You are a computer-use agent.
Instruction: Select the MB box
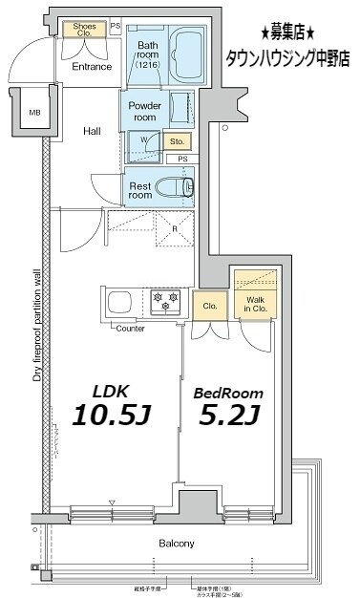[x=34, y=113]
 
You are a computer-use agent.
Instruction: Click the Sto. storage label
[x=178, y=141]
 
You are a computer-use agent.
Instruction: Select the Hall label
[x=92, y=131]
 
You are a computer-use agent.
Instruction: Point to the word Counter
[x=130, y=329]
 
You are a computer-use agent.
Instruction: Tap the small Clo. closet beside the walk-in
[x=209, y=306]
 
